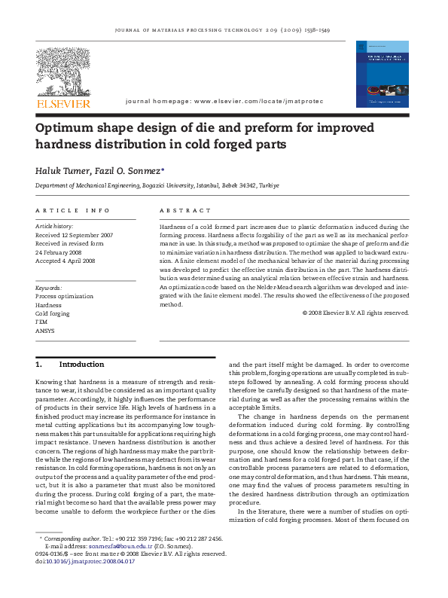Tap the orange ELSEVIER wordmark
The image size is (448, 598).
pos(63,104)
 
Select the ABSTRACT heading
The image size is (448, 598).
pos(186,210)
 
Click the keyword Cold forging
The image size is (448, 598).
pos(52,313)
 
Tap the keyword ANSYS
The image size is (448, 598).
pos(45,331)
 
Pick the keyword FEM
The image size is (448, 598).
pos(42,322)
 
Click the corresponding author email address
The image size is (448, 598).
pos(99,547)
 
